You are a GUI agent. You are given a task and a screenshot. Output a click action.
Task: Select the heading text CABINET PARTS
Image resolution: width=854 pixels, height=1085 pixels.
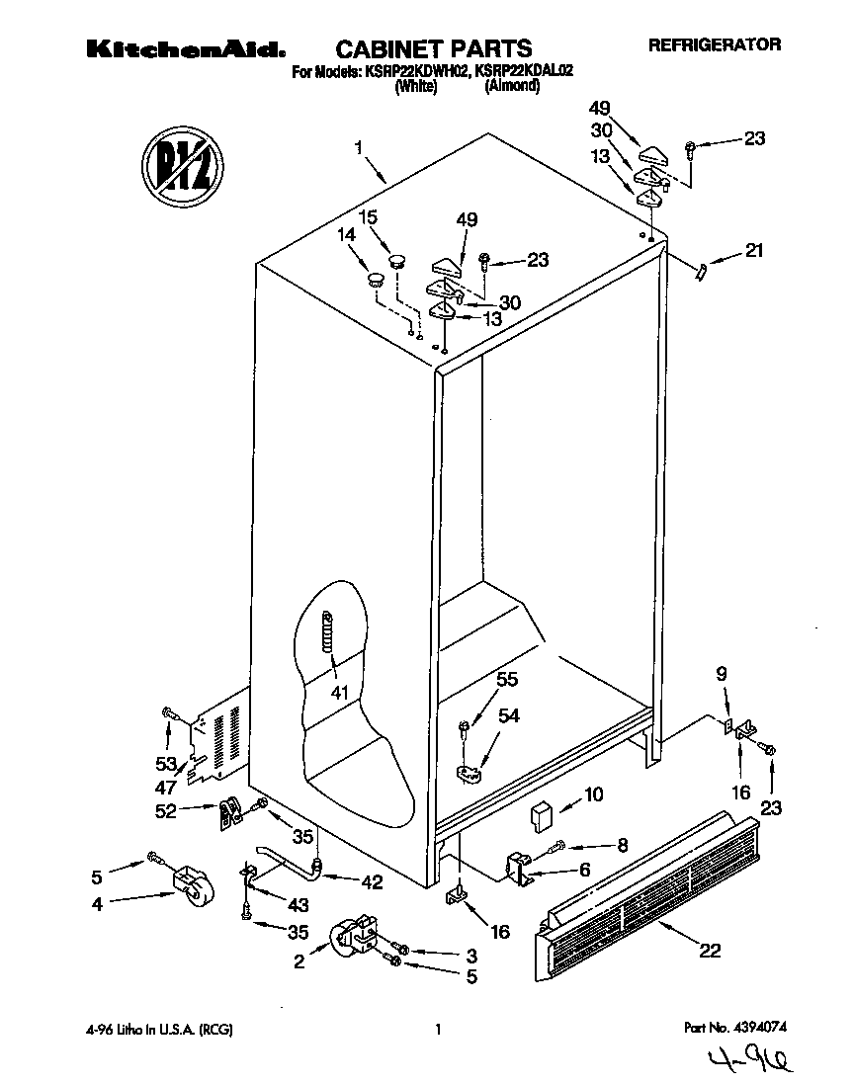pos(434,48)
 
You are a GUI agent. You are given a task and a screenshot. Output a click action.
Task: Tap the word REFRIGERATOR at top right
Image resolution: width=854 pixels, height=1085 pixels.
pos(714,44)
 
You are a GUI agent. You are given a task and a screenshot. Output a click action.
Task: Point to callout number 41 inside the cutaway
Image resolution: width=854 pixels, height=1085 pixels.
pos(339,691)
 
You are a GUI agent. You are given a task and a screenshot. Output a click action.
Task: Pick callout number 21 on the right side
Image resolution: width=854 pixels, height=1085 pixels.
pos(754,251)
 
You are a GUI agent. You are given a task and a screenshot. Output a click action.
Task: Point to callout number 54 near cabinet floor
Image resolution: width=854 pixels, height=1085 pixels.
pos(508,714)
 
